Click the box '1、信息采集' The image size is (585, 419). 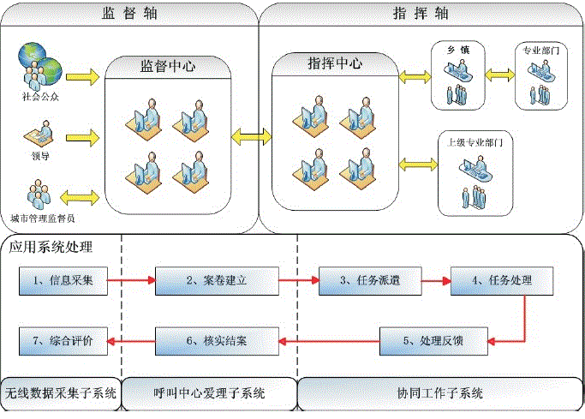point(63,280)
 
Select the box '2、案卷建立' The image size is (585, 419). point(218,280)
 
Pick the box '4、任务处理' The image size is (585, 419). point(500,280)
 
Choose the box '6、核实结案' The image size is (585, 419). point(218,341)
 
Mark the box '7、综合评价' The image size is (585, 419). point(63,341)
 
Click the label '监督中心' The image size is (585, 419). point(168,67)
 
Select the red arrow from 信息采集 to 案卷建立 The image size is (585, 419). point(131,280)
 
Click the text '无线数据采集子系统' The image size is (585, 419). point(60,394)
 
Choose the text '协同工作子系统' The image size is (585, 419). point(439,394)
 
